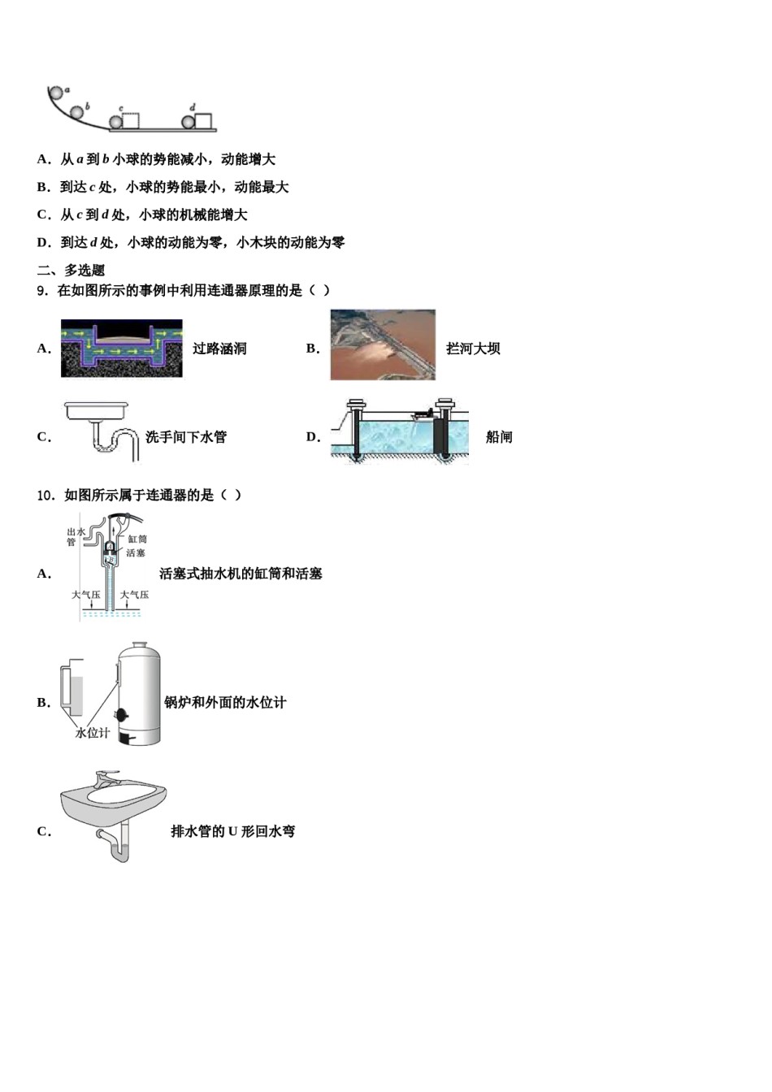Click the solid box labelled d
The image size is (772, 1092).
click(x=204, y=121)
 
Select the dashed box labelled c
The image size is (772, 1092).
click(x=131, y=121)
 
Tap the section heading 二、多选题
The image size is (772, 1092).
click(x=71, y=270)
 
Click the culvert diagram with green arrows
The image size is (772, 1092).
click(x=122, y=349)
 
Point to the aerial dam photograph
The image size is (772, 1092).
click(x=383, y=344)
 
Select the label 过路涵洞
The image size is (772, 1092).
click(x=219, y=349)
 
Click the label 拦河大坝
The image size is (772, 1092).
click(x=473, y=349)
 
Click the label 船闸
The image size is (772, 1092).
click(x=499, y=437)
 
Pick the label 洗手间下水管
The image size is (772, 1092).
click(x=186, y=437)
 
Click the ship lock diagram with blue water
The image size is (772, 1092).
click(x=400, y=431)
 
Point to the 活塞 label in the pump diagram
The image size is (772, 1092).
click(x=136, y=553)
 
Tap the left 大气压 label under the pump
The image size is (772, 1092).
click(x=86, y=595)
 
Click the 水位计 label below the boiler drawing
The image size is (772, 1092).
click(x=92, y=732)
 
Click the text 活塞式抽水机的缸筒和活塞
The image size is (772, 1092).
click(x=241, y=574)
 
